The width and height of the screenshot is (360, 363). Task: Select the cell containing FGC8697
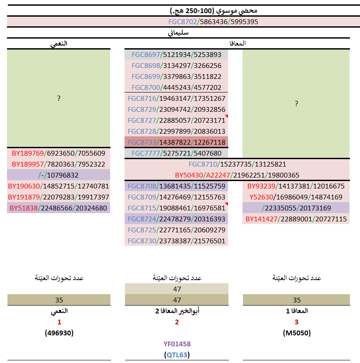[176, 55]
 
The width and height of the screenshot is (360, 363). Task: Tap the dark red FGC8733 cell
[176, 142]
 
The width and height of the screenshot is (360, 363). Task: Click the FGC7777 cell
[176, 153]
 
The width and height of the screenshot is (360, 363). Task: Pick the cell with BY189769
[59, 153]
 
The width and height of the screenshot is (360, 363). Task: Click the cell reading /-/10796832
[59, 175]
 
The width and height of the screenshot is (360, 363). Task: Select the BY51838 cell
[59, 208]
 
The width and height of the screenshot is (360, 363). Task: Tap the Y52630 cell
[296, 197]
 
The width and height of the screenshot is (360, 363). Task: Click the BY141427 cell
[296, 219]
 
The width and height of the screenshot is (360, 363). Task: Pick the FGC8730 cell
[176, 241]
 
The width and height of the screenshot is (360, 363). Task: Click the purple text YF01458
[177, 344]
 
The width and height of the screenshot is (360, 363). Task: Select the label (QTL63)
[177, 355]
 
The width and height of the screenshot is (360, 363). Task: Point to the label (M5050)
[296, 333]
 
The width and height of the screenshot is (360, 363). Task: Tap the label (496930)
[59, 333]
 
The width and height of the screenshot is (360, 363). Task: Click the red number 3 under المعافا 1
[296, 322]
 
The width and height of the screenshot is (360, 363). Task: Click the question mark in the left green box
[59, 99]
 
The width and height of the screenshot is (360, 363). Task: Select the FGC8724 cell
[176, 219]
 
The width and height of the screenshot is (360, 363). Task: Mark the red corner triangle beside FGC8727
[227, 117]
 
